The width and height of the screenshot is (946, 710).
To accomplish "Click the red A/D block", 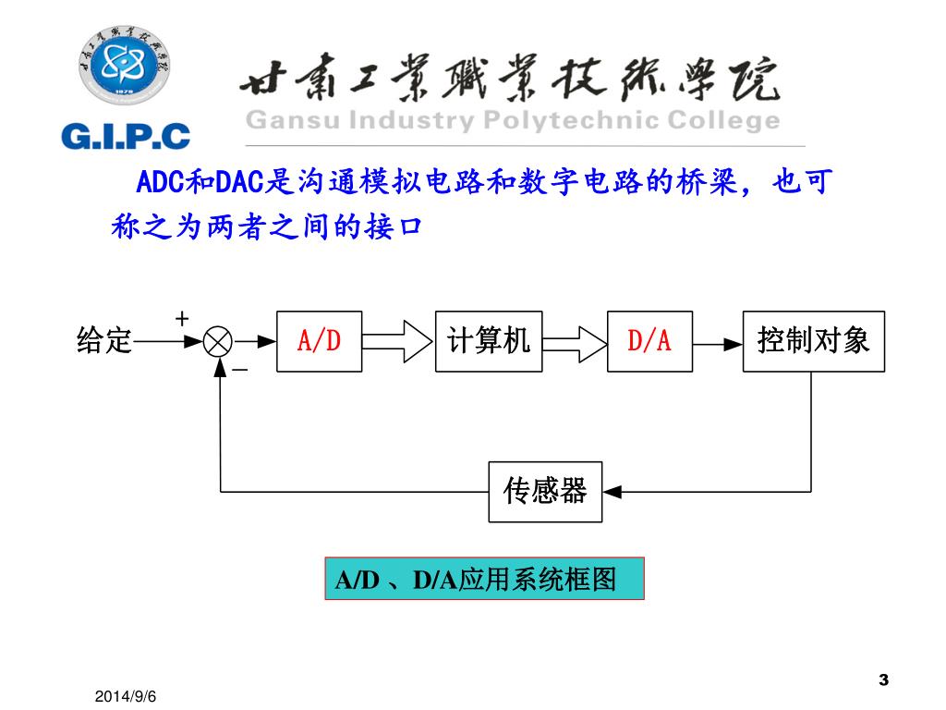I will pos(319,342).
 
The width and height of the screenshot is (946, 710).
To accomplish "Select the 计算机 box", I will pos(489,342).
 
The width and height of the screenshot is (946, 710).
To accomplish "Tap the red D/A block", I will pos(649,342).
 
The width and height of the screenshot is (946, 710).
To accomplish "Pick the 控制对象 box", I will pos(814,342).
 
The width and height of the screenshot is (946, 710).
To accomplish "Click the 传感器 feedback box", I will pos(545,492).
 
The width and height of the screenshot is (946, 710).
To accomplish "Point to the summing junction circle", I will pos(219,342).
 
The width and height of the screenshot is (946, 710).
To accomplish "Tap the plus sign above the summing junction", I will pos(183,318).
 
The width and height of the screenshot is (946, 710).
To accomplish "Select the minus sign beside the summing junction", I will pos(240,370).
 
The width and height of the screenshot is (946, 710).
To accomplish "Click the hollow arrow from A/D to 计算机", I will pos(397,342).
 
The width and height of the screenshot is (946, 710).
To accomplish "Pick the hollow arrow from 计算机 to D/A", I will pos(574,342).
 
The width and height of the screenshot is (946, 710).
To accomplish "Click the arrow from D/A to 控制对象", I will pos(719,342).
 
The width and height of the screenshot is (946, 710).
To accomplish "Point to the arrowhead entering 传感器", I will pos(612,492).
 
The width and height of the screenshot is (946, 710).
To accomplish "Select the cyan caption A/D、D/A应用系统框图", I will pos(483,580).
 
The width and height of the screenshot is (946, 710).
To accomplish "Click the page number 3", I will pos(883,680).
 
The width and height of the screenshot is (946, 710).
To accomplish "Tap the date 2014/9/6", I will pos(132,693).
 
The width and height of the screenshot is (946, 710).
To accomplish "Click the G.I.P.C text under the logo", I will pos(126,137).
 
